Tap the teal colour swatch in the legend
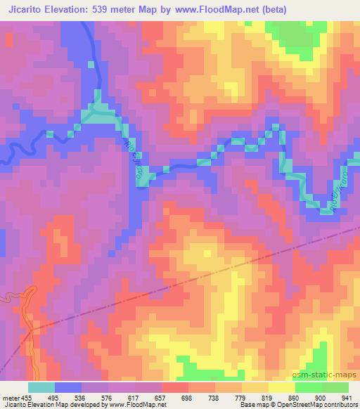point(41,387)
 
